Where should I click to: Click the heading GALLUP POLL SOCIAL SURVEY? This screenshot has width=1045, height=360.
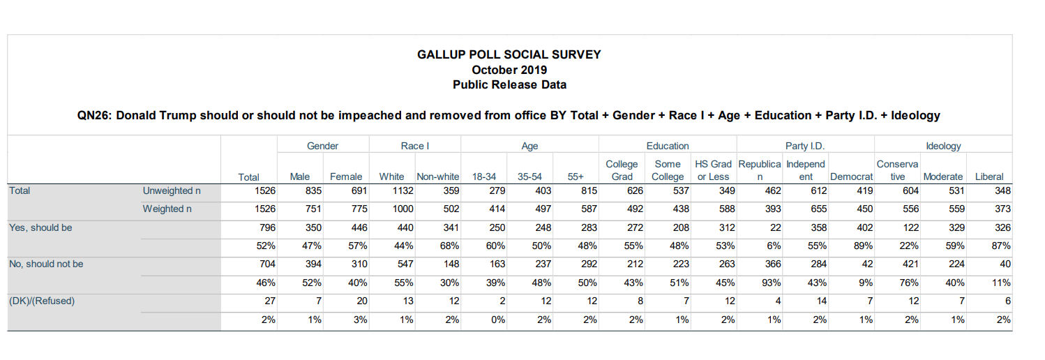(509, 54)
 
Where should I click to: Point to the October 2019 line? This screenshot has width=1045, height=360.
(509, 70)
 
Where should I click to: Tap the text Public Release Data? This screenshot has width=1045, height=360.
(509, 85)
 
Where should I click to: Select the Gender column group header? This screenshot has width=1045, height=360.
(322, 146)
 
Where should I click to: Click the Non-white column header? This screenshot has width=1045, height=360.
(437, 177)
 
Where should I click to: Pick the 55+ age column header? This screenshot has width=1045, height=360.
(576, 177)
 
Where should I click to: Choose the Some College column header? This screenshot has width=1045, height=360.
(668, 170)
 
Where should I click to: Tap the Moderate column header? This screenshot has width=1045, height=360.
(943, 177)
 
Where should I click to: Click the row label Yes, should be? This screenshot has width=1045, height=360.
(40, 227)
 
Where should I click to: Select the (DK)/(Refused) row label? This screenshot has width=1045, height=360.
(42, 301)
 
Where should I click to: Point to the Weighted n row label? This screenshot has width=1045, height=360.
(167, 209)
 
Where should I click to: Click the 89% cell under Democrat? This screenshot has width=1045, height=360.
(863, 246)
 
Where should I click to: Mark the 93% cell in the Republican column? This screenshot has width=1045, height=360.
(771, 283)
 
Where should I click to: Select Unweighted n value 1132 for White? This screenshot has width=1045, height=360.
(403, 190)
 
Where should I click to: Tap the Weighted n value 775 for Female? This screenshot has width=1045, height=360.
(359, 209)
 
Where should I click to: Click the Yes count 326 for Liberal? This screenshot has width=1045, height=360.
(1002, 227)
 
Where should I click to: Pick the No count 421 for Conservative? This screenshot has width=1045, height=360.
(910, 264)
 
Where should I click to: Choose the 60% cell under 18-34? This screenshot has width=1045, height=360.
(495, 246)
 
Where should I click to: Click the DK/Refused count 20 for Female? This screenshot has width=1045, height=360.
(362, 301)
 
